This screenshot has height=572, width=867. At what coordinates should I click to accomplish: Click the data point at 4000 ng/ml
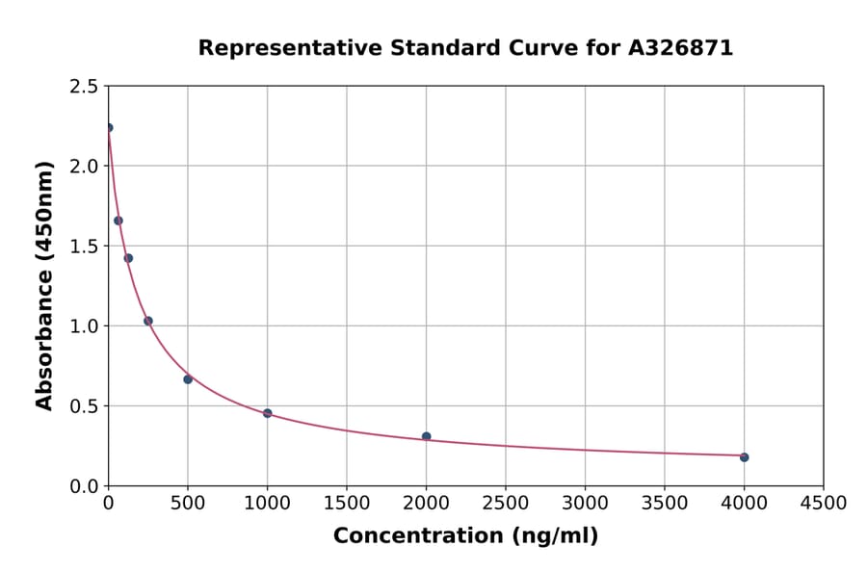[x=744, y=457]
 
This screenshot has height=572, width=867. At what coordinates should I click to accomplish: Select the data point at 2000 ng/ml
[x=426, y=437]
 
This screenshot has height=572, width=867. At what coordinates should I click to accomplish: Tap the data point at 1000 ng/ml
[x=267, y=413]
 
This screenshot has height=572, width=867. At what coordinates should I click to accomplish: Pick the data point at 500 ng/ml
[x=188, y=379]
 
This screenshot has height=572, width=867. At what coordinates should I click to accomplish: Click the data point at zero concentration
[x=109, y=128]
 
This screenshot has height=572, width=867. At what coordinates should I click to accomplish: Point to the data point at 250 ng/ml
[x=148, y=321]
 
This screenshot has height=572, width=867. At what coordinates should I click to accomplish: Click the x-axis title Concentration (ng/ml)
[x=465, y=536]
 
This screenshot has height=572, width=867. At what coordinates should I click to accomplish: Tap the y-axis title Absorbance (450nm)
[x=44, y=285]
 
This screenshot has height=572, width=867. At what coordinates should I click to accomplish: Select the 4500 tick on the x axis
[x=823, y=503]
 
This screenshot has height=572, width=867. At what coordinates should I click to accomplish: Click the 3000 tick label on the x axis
[x=585, y=503]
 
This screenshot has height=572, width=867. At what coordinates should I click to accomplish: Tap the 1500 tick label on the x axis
[x=347, y=503]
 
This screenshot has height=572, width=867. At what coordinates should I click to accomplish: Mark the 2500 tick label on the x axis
[x=506, y=503]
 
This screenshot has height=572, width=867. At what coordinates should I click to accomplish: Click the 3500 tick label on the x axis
[x=664, y=503]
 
